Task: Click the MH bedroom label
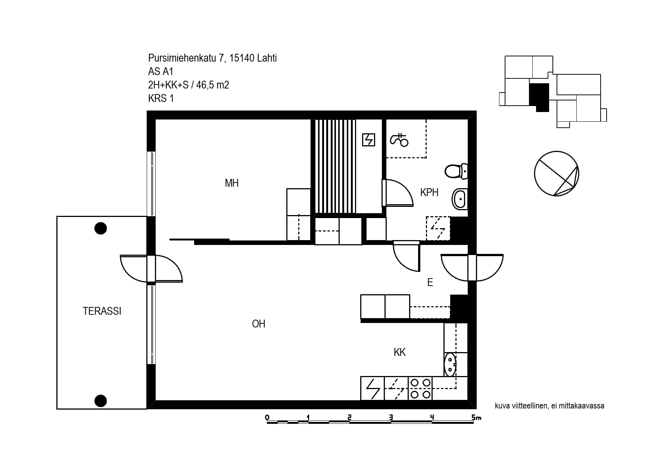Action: [231, 183]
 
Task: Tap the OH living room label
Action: [259, 324]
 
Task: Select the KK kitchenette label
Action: [399, 352]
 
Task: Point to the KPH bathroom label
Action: [429, 192]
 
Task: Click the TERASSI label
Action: [102, 311]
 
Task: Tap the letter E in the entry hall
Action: [430, 282]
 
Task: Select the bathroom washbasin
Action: [460, 199]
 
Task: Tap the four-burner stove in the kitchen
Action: [420, 388]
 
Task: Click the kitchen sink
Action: [450, 364]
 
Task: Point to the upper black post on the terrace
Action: [100, 228]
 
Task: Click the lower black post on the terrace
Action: [100, 401]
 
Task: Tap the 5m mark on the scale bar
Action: [476, 417]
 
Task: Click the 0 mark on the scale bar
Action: [267, 417]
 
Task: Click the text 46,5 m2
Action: [212, 85]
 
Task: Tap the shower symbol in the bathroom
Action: [399, 140]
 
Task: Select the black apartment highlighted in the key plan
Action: [539, 96]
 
